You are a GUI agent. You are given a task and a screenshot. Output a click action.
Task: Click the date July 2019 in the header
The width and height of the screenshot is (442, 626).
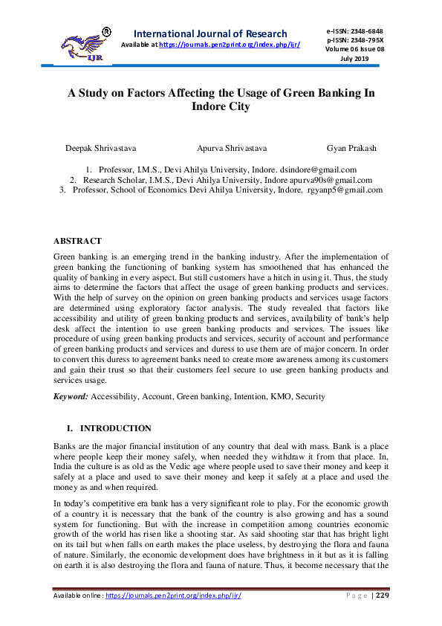[x=354, y=58]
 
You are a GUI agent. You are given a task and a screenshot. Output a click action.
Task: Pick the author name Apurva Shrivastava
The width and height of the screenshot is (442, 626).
[x=232, y=148]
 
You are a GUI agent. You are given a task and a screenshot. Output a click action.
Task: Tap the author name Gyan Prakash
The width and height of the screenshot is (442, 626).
[x=351, y=148]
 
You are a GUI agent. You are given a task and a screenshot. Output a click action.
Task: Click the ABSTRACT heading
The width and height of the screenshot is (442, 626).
[x=77, y=241]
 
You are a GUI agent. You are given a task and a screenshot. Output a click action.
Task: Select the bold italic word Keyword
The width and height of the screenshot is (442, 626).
[x=71, y=397]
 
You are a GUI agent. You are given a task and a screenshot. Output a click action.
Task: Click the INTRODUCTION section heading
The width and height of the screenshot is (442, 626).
[x=115, y=428]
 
